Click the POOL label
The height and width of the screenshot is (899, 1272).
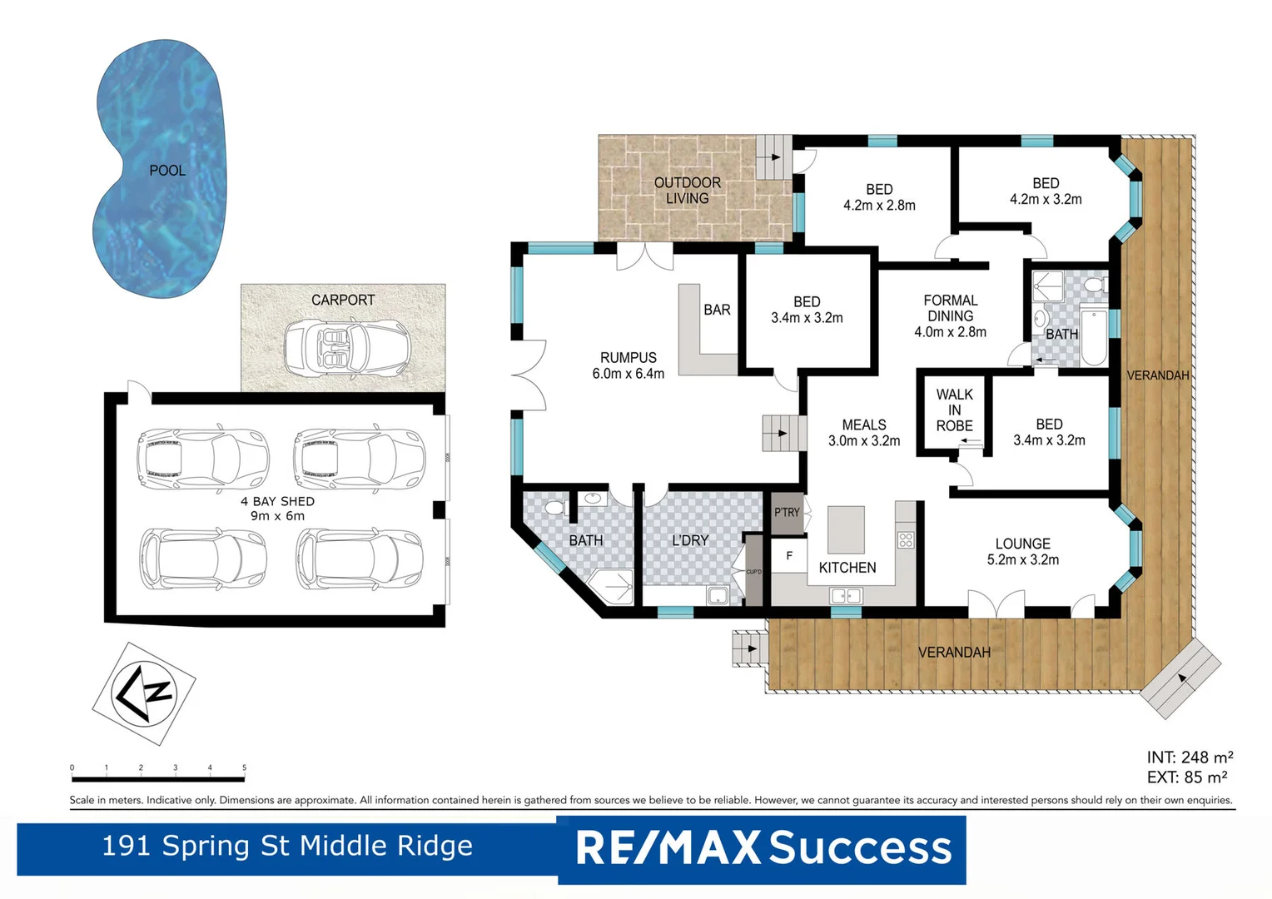[167, 171]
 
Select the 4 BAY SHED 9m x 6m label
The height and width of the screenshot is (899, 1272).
[277, 509]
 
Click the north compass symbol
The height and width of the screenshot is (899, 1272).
[143, 693]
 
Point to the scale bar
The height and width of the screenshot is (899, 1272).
[157, 778]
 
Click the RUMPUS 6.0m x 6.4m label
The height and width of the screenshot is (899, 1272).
[628, 366]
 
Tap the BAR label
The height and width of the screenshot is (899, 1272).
[716, 310]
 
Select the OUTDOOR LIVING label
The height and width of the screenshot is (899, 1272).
[687, 191]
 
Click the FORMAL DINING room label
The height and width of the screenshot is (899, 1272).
[950, 316]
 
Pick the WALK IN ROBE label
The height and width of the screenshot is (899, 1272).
[954, 410]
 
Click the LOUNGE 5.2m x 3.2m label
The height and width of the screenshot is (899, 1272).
[1022, 551]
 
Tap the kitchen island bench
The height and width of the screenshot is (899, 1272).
[846, 529]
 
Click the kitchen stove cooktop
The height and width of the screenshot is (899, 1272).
[906, 539]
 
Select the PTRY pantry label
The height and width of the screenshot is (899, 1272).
[787, 513]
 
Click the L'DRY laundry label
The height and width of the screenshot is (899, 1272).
[690, 540]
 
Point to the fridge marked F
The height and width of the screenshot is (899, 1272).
[789, 556]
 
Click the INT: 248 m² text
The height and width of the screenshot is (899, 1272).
[1189, 757]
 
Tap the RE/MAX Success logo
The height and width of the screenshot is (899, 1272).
[763, 848]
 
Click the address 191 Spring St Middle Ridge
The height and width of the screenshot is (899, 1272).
[287, 846]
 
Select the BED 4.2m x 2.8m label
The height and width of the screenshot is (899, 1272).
[879, 197]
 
